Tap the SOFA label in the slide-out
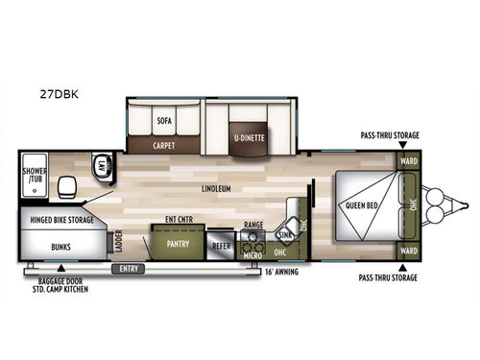pos(162,122)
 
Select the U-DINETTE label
pos(248,136)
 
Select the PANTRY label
pos(177,244)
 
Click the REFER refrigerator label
pos(220,244)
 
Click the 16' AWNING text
pos(279,272)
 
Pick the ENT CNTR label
pos(179,219)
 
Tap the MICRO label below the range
pos(252,254)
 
